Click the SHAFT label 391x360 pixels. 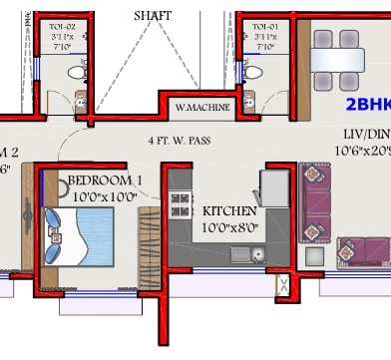(x=153, y=16)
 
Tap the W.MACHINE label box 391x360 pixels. (x=203, y=108)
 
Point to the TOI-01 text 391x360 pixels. (x=265, y=26)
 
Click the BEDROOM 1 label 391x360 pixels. (x=105, y=180)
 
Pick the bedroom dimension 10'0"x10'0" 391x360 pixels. (x=105, y=196)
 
